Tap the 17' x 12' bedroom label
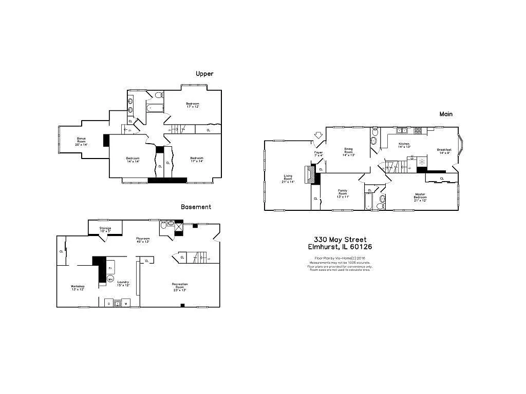point(193,105)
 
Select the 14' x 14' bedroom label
point(133,160)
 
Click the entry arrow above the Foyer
point(318,136)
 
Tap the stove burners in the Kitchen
point(418,130)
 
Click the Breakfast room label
point(444,151)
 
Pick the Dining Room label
point(348,151)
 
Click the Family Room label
point(343,193)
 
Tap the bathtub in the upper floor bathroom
point(154,108)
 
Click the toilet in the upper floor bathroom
point(158,95)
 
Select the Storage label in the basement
point(105,229)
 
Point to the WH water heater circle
point(110,279)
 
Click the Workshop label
point(78,287)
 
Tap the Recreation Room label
point(179,286)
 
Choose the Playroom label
point(142,240)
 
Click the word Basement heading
point(196,207)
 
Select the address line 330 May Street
point(340,240)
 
